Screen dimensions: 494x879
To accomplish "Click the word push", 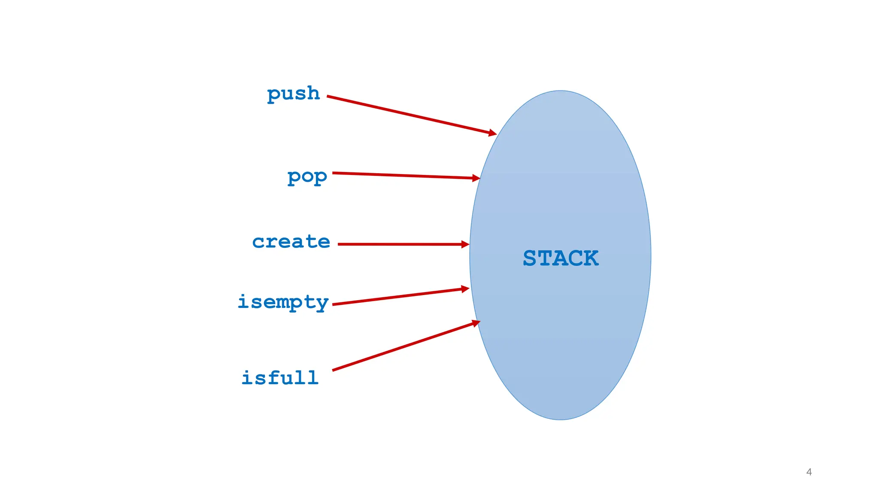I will tap(294, 93).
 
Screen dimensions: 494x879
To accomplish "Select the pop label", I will tap(307, 176).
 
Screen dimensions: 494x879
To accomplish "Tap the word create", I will tap(291, 242).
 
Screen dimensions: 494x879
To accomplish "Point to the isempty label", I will tap(283, 302).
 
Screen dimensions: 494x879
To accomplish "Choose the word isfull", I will tap(280, 378).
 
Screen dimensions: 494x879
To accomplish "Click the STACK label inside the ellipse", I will tap(561, 258).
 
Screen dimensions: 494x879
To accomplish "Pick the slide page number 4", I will tap(809, 472).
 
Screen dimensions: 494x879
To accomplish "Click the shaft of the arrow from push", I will tap(408, 115).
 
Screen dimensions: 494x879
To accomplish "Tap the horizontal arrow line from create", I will tap(399, 244).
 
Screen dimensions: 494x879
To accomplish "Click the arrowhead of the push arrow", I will tap(492, 133).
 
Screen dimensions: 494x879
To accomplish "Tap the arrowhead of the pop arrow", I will tap(476, 178).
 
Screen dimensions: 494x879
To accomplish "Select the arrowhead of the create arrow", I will tap(465, 244).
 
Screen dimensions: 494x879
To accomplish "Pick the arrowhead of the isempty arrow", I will tap(465, 289).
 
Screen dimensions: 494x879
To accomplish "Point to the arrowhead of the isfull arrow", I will tap(476, 322).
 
